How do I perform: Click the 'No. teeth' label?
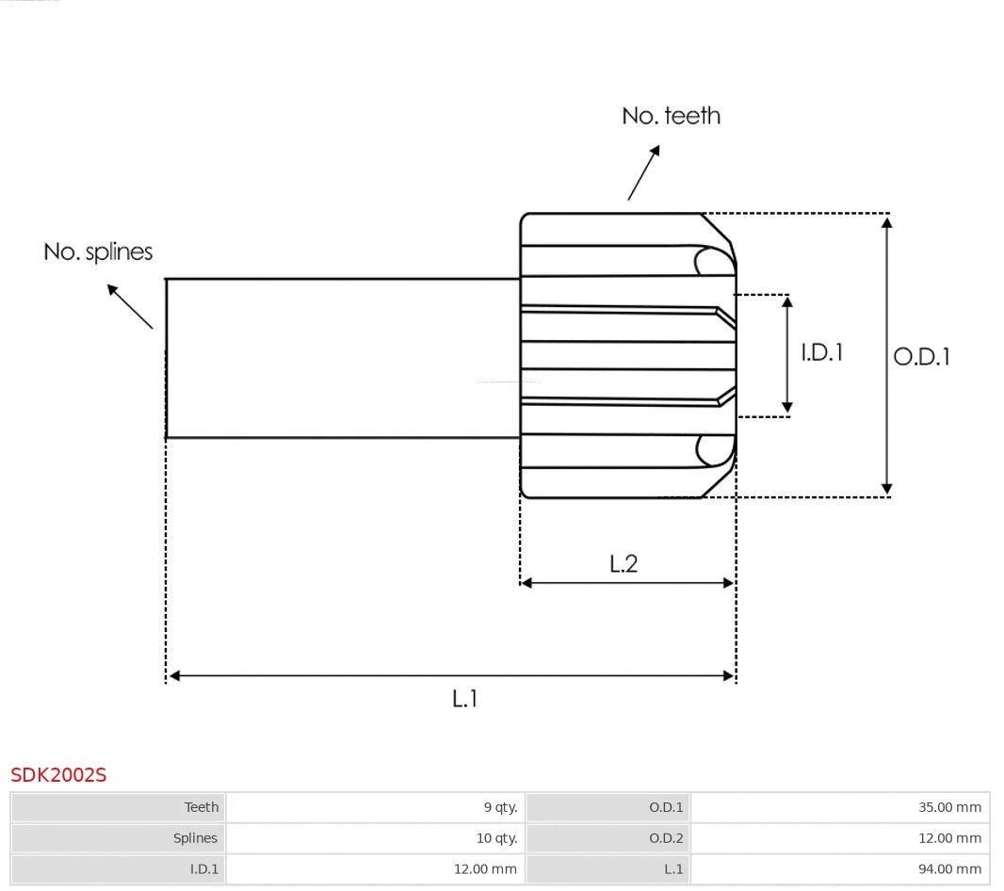pyautogui.click(x=671, y=116)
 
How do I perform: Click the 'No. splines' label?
pyautogui.click(x=98, y=252)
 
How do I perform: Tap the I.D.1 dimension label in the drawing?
pyautogui.click(x=821, y=352)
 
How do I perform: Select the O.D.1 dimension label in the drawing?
pyautogui.click(x=921, y=357)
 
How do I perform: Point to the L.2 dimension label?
pyautogui.click(x=623, y=563)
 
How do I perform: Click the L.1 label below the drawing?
pyautogui.click(x=465, y=699)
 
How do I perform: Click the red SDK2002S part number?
pyautogui.click(x=58, y=775)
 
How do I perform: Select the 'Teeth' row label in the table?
pyautogui.click(x=201, y=807)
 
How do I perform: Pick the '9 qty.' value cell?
pyautogui.click(x=500, y=807)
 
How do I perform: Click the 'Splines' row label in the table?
pyautogui.click(x=195, y=838)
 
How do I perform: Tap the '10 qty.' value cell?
pyautogui.click(x=496, y=838)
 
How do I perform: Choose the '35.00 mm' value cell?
pyautogui.click(x=949, y=807)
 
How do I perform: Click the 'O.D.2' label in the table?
pyautogui.click(x=666, y=838)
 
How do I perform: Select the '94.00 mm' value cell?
pyautogui.click(x=949, y=869)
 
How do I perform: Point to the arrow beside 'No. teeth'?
pyautogui.click(x=644, y=172)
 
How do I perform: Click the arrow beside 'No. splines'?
pyautogui.click(x=129, y=306)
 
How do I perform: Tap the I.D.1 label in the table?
pyautogui.click(x=202, y=869)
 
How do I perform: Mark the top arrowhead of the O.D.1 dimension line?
pyautogui.click(x=886, y=222)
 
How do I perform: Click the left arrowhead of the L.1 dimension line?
pyautogui.click(x=174, y=675)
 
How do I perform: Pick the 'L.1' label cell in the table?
pyautogui.click(x=672, y=869)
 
